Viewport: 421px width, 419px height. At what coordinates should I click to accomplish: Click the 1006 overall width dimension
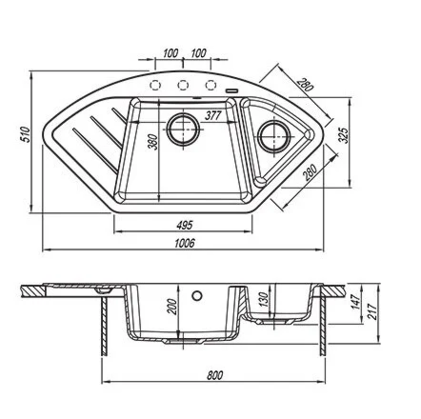[185, 243]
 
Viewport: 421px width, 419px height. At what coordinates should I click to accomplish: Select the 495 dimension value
[185, 225]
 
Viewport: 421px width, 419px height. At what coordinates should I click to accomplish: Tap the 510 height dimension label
[26, 135]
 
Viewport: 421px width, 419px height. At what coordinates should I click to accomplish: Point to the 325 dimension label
[343, 135]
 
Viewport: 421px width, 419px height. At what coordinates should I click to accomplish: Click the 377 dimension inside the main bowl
[213, 116]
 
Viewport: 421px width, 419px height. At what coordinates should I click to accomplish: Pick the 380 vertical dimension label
[153, 142]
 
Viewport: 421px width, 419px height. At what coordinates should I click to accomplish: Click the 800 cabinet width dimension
[215, 375]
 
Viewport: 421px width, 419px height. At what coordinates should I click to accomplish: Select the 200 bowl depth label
[172, 306]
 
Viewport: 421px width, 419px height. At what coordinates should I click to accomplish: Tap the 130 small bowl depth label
[263, 299]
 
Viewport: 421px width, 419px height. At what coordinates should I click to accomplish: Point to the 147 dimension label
[357, 302]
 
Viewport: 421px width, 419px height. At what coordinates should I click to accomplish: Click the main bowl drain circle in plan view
[184, 129]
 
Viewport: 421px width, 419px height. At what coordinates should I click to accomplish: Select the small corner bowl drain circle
[274, 136]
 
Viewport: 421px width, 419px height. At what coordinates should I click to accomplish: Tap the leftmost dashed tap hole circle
[155, 85]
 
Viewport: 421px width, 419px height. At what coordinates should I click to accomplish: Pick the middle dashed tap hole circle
[183, 85]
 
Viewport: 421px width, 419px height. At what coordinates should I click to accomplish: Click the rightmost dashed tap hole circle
[211, 85]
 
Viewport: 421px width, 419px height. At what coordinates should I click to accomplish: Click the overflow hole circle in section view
[197, 296]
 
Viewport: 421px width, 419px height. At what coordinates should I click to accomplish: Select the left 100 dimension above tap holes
[170, 53]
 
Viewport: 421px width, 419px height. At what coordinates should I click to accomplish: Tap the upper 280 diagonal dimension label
[305, 85]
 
